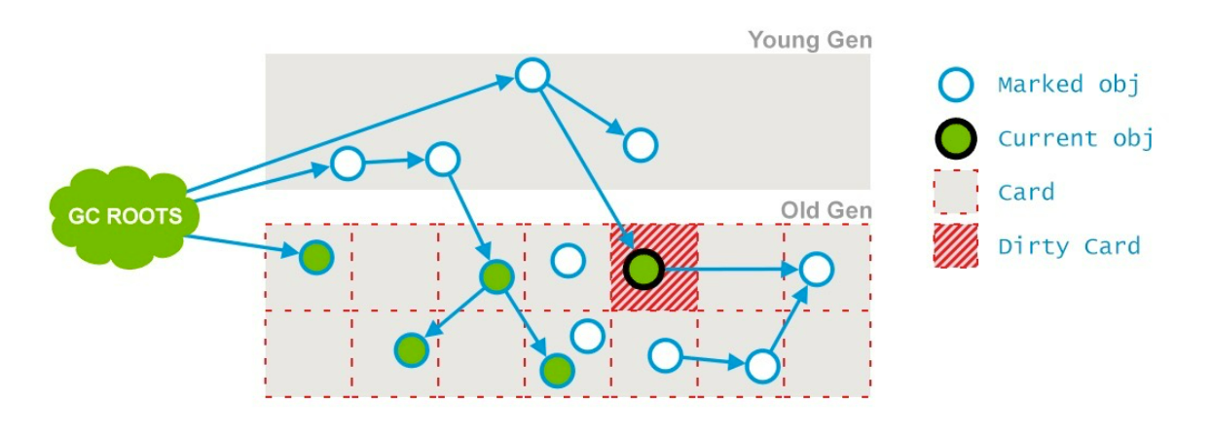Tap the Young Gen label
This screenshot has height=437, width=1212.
(809, 41)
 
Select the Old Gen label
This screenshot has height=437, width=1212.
(826, 210)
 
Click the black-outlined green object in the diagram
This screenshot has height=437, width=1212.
(643, 268)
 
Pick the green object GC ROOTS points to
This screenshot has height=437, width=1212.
(315, 258)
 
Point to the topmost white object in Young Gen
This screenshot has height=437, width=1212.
(533, 75)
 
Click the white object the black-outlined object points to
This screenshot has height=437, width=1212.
(816, 270)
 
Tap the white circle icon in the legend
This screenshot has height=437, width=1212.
(955, 85)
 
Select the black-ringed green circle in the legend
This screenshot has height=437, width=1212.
(955, 139)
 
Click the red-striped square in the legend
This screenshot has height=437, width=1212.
(955, 245)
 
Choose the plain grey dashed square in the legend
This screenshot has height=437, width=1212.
(955, 192)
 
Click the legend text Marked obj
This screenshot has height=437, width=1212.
(1068, 85)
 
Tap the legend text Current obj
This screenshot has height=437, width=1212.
(1075, 139)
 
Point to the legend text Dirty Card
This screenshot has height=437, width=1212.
(1068, 246)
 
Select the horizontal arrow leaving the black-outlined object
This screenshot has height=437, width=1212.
(730, 269)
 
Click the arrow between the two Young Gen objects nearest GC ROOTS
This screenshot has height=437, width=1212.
(394, 161)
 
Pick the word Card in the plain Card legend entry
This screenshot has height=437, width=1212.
(1025, 193)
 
